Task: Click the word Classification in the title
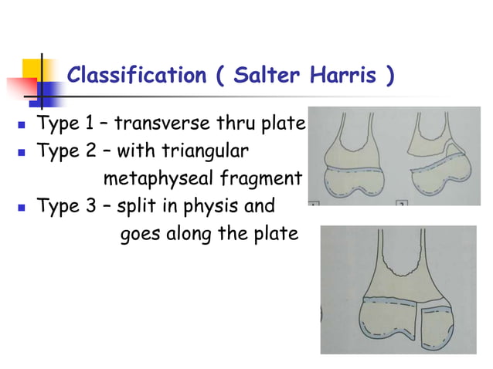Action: pos(131,76)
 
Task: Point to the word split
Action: pos(136,206)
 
